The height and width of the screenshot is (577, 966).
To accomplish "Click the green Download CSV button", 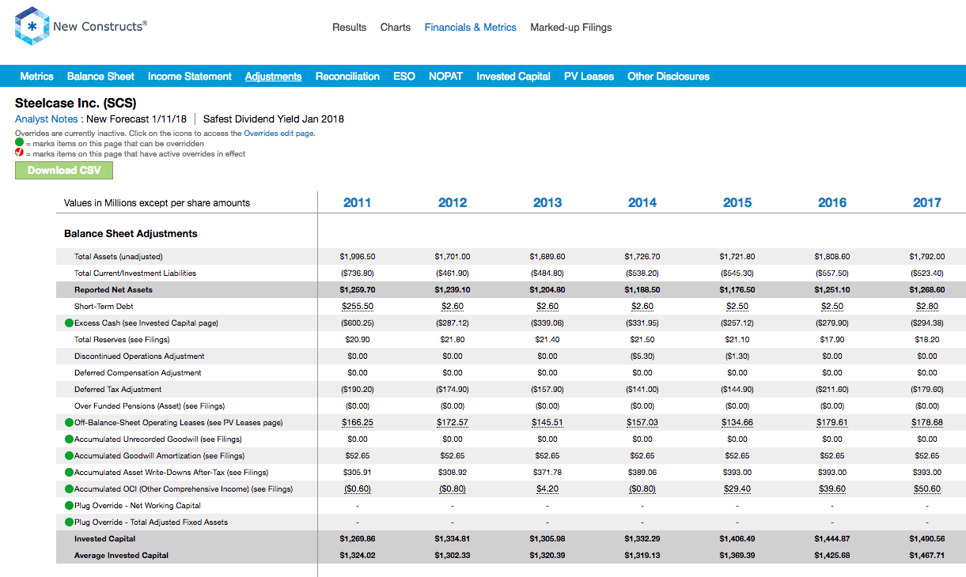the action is (x=64, y=170).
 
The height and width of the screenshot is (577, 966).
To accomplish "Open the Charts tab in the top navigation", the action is (x=395, y=27).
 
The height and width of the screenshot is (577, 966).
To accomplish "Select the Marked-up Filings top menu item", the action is (x=570, y=27).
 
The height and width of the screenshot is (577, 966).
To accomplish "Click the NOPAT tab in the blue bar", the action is (x=445, y=76).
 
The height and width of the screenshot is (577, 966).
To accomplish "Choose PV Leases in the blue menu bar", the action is (x=589, y=76).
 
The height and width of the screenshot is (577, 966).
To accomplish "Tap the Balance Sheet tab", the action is (x=100, y=76).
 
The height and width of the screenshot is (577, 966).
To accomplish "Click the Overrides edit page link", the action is (x=278, y=133).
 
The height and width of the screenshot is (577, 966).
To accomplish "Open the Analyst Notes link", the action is (x=46, y=119).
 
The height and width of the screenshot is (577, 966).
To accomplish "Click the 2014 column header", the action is (x=642, y=202).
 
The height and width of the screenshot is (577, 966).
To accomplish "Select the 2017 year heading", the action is (x=926, y=202).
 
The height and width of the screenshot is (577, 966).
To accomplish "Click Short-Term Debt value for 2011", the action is (x=357, y=307).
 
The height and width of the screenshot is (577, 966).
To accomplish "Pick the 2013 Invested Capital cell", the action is (x=547, y=538).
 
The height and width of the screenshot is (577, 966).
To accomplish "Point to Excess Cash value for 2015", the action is (x=737, y=322).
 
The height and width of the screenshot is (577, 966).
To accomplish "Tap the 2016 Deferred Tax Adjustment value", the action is (x=832, y=389).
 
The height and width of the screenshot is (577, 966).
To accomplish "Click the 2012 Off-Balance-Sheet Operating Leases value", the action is (x=452, y=423).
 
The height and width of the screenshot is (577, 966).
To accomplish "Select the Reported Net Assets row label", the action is (x=113, y=289).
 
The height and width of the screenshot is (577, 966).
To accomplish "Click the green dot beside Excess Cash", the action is (x=69, y=322).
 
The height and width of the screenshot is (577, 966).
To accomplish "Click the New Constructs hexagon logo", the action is (x=32, y=26).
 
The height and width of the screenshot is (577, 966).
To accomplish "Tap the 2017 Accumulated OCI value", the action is (x=926, y=489).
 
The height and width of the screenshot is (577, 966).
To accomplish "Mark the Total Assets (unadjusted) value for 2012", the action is (x=452, y=256).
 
